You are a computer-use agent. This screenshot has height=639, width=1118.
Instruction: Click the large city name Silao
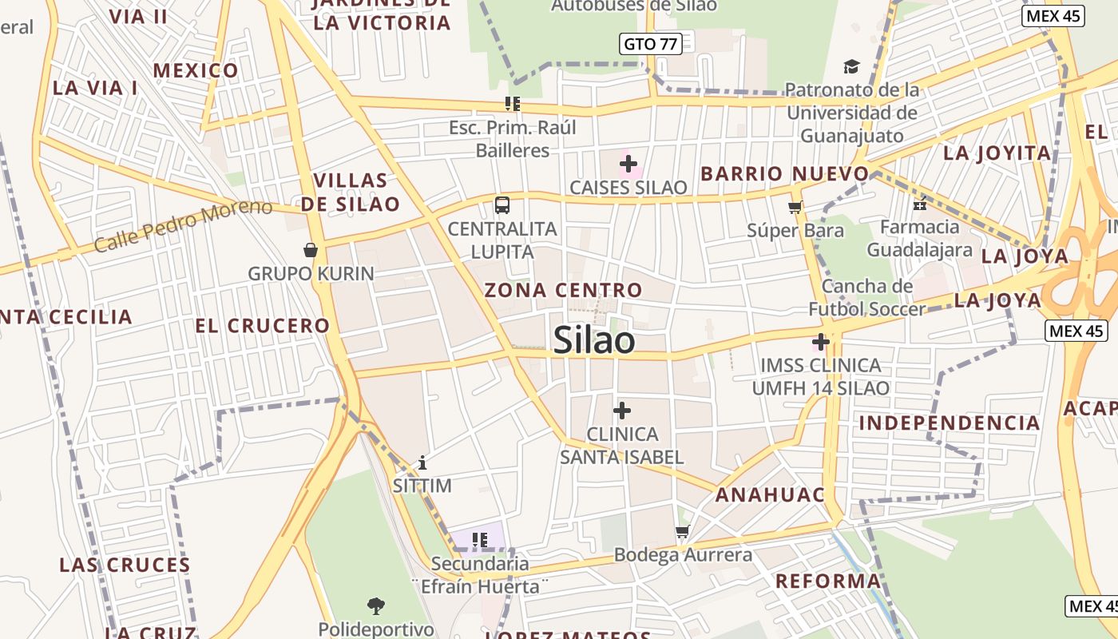click(594, 340)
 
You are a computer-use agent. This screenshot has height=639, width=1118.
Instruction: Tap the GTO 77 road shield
click(650, 44)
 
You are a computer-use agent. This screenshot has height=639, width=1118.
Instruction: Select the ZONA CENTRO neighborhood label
click(564, 290)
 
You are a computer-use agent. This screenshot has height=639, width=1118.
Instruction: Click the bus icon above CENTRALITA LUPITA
click(502, 205)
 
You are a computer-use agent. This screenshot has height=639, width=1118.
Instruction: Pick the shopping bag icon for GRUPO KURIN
click(311, 251)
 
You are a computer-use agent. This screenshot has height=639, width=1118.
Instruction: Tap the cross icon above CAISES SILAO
click(628, 165)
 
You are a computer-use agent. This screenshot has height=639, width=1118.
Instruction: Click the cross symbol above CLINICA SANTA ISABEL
click(622, 411)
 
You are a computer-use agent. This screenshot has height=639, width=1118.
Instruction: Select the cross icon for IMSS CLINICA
click(820, 343)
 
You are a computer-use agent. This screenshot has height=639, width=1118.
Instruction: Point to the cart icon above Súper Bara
click(795, 208)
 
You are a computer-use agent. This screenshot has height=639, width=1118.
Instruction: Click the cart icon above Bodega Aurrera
click(682, 531)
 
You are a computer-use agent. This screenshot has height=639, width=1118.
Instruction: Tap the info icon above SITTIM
click(422, 462)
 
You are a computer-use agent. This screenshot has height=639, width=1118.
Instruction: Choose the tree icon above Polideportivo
click(375, 605)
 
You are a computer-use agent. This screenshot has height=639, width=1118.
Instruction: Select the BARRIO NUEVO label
click(784, 173)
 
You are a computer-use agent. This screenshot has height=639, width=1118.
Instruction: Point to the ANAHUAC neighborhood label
click(770, 494)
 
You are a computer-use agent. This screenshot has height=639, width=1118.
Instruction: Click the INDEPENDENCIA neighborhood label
click(950, 423)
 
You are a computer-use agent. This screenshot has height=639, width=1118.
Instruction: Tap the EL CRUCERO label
click(262, 326)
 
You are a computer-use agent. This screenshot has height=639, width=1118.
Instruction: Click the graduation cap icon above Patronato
click(852, 66)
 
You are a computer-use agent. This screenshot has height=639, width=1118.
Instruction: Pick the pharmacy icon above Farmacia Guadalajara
click(920, 204)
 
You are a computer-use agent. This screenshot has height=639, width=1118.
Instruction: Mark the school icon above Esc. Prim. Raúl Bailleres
click(512, 104)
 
